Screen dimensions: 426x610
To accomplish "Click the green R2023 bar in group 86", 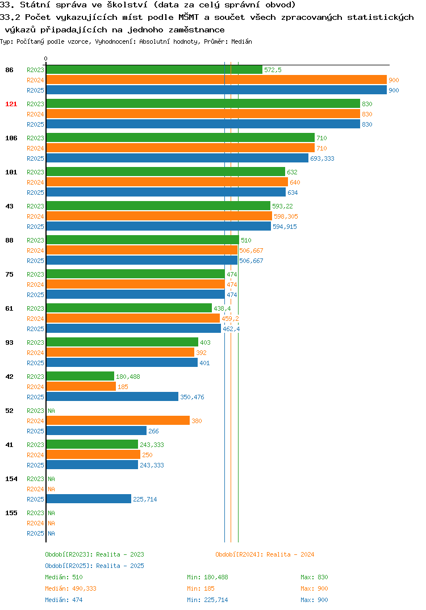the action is [154, 70].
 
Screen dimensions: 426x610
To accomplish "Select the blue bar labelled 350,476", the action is [112, 396].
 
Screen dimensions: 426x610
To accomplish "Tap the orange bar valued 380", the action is [118, 420].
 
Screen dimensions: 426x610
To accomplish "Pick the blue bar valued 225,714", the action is [89, 499].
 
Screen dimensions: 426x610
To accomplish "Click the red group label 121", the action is [11, 104].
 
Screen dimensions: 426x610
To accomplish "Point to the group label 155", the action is [11, 513].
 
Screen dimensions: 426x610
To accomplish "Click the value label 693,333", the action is [322, 158].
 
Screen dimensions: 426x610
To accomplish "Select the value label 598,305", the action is [286, 216].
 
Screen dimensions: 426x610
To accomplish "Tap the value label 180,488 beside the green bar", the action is [128, 377].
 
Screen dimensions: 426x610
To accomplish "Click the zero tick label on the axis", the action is [46, 59].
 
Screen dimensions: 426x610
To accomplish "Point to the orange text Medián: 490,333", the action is [71, 588].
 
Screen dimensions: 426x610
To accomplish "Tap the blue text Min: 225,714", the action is [207, 600].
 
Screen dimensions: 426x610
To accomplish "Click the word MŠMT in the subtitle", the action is [189, 17].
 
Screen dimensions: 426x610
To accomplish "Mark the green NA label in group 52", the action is [51, 411].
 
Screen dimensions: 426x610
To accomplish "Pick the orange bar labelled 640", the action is [168, 182].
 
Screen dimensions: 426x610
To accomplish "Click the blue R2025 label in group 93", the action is [35, 363].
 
